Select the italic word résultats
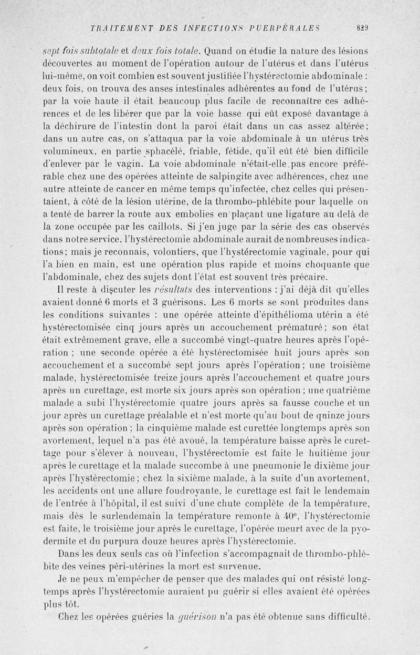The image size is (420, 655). [x=174, y=291]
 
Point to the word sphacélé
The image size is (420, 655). [x=135, y=152]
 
